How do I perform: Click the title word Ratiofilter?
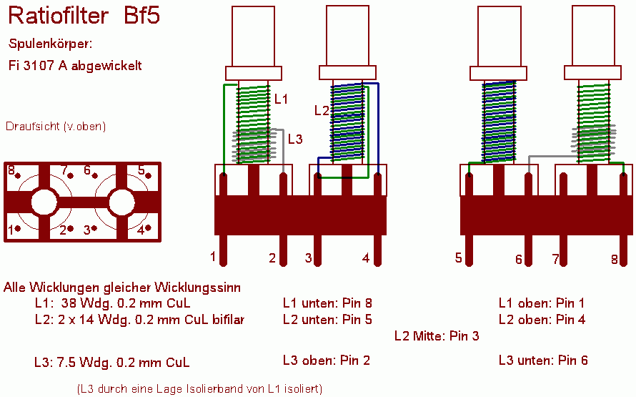point(59,16)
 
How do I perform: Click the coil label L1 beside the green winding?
point(281,99)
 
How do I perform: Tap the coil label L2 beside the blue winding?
point(322,110)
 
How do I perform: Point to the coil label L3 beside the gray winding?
point(295,139)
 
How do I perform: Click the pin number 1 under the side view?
point(213,257)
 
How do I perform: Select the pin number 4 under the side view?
point(366,258)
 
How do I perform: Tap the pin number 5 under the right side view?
point(458,258)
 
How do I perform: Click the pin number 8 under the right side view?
point(615,259)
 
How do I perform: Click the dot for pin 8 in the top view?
point(18,176)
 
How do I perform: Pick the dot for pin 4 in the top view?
point(148,228)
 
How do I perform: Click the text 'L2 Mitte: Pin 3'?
point(437,336)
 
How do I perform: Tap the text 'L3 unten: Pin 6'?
point(543,360)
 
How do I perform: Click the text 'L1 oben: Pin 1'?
point(542,303)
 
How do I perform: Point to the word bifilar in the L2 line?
point(229,320)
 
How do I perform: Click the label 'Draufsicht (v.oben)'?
point(56,126)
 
